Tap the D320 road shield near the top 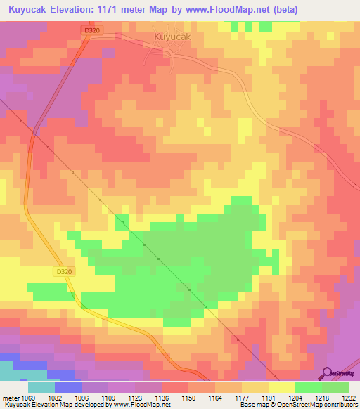tap(91, 30)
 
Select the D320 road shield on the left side tap(63, 271)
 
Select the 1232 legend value tap(347, 398)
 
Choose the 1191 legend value tap(267, 398)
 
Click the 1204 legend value tap(295, 398)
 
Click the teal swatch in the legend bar tap(41, 387)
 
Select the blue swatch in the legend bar tap(67, 387)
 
